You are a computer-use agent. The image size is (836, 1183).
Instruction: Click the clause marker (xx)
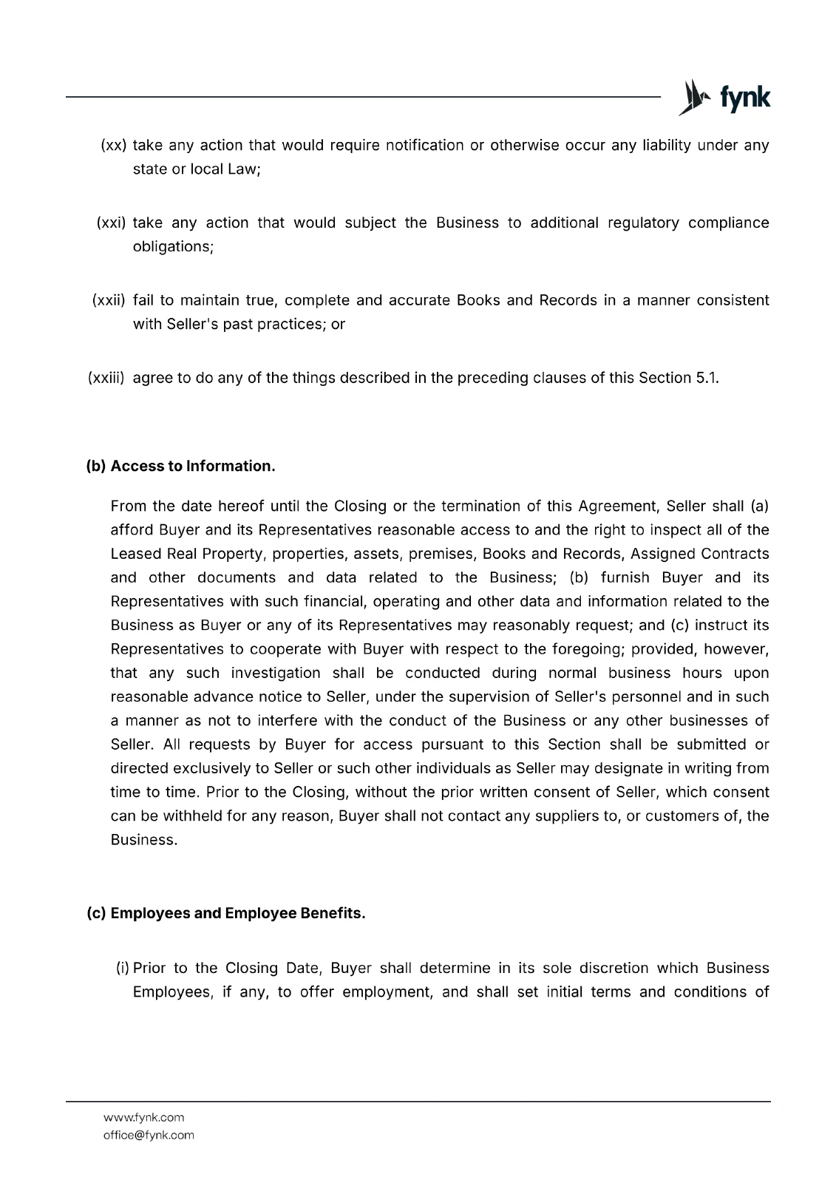click(114, 146)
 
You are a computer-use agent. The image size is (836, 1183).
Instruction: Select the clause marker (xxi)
click(112, 223)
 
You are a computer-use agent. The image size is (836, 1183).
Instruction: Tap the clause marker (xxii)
click(109, 301)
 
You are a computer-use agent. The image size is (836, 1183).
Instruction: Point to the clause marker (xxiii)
click(106, 379)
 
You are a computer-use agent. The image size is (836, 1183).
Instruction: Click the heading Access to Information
click(193, 467)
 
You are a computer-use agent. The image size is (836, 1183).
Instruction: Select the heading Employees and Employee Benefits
click(237, 913)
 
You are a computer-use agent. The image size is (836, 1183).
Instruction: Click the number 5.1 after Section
click(706, 379)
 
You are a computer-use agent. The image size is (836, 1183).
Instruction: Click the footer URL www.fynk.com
click(143, 1117)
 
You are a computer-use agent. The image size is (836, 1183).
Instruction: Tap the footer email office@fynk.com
click(149, 1135)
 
